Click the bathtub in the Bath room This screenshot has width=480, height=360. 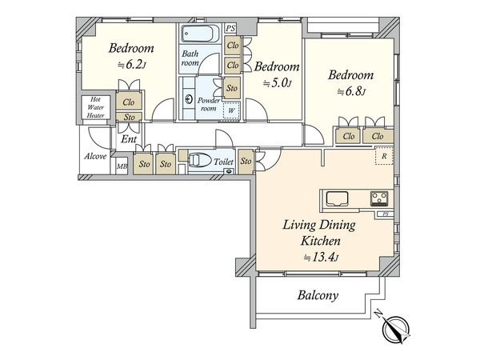click(x=201, y=33)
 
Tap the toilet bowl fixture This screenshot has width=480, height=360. click(x=199, y=161)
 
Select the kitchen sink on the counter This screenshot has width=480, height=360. click(x=337, y=198)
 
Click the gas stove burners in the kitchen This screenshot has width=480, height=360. click(x=379, y=198)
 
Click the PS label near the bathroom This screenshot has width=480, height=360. click(x=230, y=29)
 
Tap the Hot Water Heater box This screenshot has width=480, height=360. click(x=95, y=107)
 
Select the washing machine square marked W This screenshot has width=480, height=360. click(x=231, y=110)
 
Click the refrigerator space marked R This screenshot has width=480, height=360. click(x=384, y=156)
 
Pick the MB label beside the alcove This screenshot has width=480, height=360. click(x=122, y=167)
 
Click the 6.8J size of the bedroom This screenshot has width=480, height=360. click(x=352, y=91)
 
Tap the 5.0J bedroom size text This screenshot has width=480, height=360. click(x=277, y=82)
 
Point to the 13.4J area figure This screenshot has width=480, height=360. click(x=321, y=257)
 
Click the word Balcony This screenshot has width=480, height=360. click(x=318, y=296)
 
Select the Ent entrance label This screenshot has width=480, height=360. click(x=129, y=139)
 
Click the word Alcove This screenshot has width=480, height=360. click(x=95, y=156)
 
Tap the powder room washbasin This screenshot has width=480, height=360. click(x=189, y=99)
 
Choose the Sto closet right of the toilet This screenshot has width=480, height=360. click(x=246, y=162)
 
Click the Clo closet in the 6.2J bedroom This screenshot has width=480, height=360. click(x=129, y=102)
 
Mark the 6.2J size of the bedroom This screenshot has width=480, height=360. click(x=132, y=65)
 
